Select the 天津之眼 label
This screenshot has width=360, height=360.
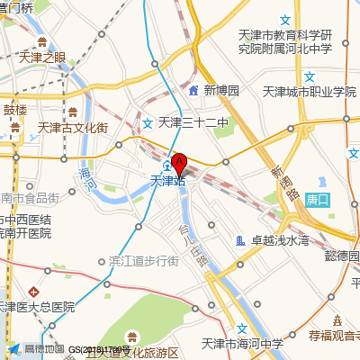41,57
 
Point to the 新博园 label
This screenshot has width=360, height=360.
221,91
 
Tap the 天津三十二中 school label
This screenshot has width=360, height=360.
193,122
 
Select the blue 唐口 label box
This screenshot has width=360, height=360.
319,199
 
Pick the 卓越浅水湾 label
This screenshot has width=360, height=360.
280,240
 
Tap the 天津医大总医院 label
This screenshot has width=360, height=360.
37,308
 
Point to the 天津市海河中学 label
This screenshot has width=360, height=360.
242,343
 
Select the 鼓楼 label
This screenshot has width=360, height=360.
15,110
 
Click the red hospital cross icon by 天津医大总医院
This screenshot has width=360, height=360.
33,292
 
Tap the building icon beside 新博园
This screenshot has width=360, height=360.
193,91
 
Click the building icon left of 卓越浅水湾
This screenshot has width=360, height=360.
240,240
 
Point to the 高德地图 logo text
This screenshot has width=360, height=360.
43,349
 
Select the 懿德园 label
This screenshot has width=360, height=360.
342,255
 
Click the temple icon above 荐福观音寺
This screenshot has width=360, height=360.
337,320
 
